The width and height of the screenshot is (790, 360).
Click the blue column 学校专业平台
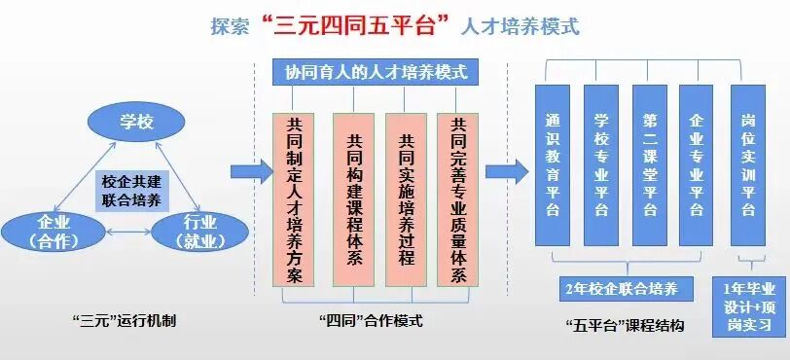pos(601,164)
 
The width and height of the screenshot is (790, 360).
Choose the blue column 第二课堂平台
pos(649,164)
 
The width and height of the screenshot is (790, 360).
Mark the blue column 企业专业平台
pos(697,164)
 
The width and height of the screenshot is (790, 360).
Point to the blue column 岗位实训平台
pos(748,164)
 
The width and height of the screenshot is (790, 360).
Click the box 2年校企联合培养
pos(627,289)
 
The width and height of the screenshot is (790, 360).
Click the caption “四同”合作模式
pos(372,320)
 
